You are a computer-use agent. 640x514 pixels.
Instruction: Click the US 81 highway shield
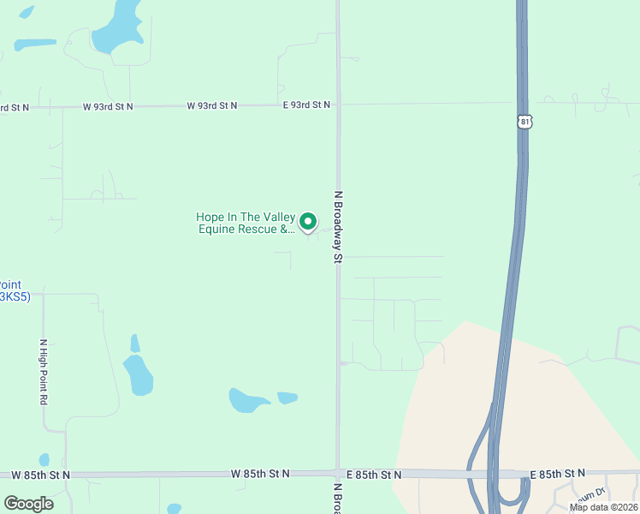point(524,122)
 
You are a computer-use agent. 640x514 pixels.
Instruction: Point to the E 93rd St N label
point(306,105)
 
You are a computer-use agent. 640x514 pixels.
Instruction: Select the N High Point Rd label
point(43,372)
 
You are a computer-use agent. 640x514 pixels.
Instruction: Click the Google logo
point(28,503)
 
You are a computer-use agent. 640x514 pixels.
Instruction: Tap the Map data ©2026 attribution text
point(603,507)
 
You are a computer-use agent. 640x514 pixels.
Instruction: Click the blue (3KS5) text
point(14,297)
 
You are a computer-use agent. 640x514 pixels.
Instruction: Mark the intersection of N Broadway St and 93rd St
point(337,105)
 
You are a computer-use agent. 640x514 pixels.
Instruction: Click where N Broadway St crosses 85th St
point(337,474)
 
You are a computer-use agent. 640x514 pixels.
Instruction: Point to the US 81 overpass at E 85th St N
point(494,474)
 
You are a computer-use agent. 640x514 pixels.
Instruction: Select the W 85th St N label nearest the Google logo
point(41,474)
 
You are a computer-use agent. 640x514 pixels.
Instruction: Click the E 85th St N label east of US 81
point(558,473)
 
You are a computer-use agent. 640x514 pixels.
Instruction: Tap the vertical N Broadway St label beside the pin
point(339,226)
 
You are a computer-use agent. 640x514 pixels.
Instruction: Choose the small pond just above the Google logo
point(44,460)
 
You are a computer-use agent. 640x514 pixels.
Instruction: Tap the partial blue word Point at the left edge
point(10,285)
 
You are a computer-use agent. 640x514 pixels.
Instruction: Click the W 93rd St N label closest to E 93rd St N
point(212,105)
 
